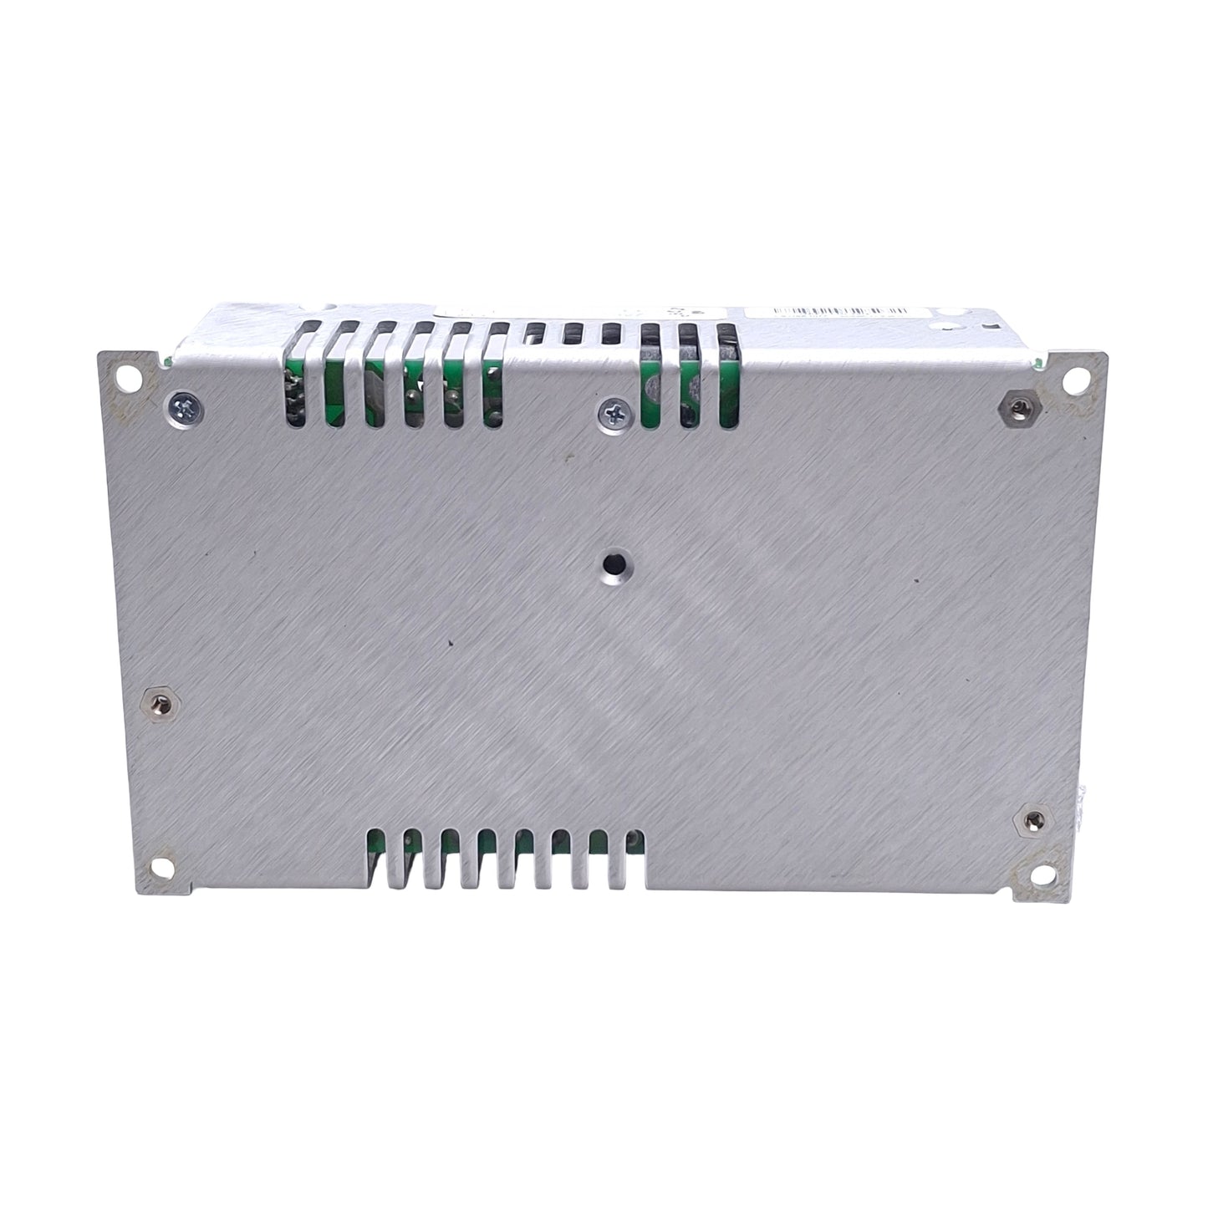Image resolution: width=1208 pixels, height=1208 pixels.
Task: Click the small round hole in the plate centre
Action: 611,564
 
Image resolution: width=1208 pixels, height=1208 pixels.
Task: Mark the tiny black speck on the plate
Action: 451,642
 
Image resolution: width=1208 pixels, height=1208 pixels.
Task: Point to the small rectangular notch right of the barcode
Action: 986,327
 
